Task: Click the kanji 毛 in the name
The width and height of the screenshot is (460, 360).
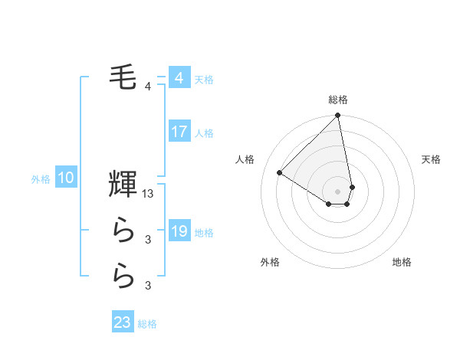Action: [123, 76]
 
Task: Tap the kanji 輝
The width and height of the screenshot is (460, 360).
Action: [123, 185]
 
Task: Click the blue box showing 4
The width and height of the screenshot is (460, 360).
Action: [179, 78]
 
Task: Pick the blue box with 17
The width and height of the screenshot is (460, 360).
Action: [179, 132]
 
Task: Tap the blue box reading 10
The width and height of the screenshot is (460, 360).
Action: [66, 178]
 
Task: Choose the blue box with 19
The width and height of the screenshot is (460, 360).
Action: [179, 231]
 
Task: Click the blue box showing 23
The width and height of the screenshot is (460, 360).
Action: [123, 322]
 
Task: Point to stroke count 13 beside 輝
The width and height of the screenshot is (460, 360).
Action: [149, 195]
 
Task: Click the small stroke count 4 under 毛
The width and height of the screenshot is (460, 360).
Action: [148, 87]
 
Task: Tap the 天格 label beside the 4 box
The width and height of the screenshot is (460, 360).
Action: [204, 80]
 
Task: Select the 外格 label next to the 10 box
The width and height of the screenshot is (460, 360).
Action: [41, 180]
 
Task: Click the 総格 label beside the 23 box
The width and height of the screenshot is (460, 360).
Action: [147, 324]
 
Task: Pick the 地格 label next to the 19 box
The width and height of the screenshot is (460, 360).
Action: [205, 233]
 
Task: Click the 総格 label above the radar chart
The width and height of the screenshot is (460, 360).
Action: [338, 100]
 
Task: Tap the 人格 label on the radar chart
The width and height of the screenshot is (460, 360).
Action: [245, 159]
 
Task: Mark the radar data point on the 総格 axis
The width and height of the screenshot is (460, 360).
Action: [337, 116]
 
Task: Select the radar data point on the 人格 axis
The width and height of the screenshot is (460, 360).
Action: [280, 173]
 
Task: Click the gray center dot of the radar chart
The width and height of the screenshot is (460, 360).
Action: [337, 190]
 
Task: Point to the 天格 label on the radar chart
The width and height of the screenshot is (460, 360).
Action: [432, 159]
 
